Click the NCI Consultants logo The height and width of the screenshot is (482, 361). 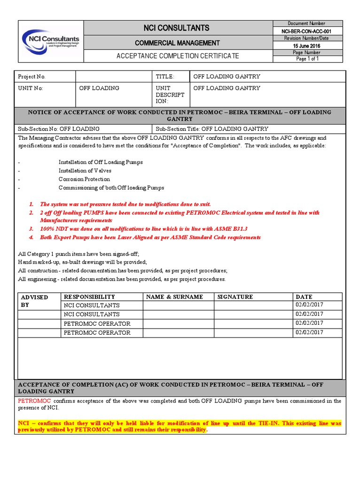51,41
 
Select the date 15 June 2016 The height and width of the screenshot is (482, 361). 306,46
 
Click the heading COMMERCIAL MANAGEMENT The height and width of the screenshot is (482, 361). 177,43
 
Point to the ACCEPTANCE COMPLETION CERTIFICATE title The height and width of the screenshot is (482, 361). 177,56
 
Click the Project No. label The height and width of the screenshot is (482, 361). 31,77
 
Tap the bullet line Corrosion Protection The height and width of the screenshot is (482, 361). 84,179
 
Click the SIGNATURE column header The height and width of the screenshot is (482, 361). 235,297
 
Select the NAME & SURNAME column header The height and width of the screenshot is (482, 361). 174,297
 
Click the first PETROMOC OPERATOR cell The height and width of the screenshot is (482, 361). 97,324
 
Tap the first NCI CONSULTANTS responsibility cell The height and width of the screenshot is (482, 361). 91,305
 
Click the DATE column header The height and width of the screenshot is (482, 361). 304,297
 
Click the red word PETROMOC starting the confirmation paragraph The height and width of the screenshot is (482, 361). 33,401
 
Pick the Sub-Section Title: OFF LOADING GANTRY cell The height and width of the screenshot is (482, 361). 212,129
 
